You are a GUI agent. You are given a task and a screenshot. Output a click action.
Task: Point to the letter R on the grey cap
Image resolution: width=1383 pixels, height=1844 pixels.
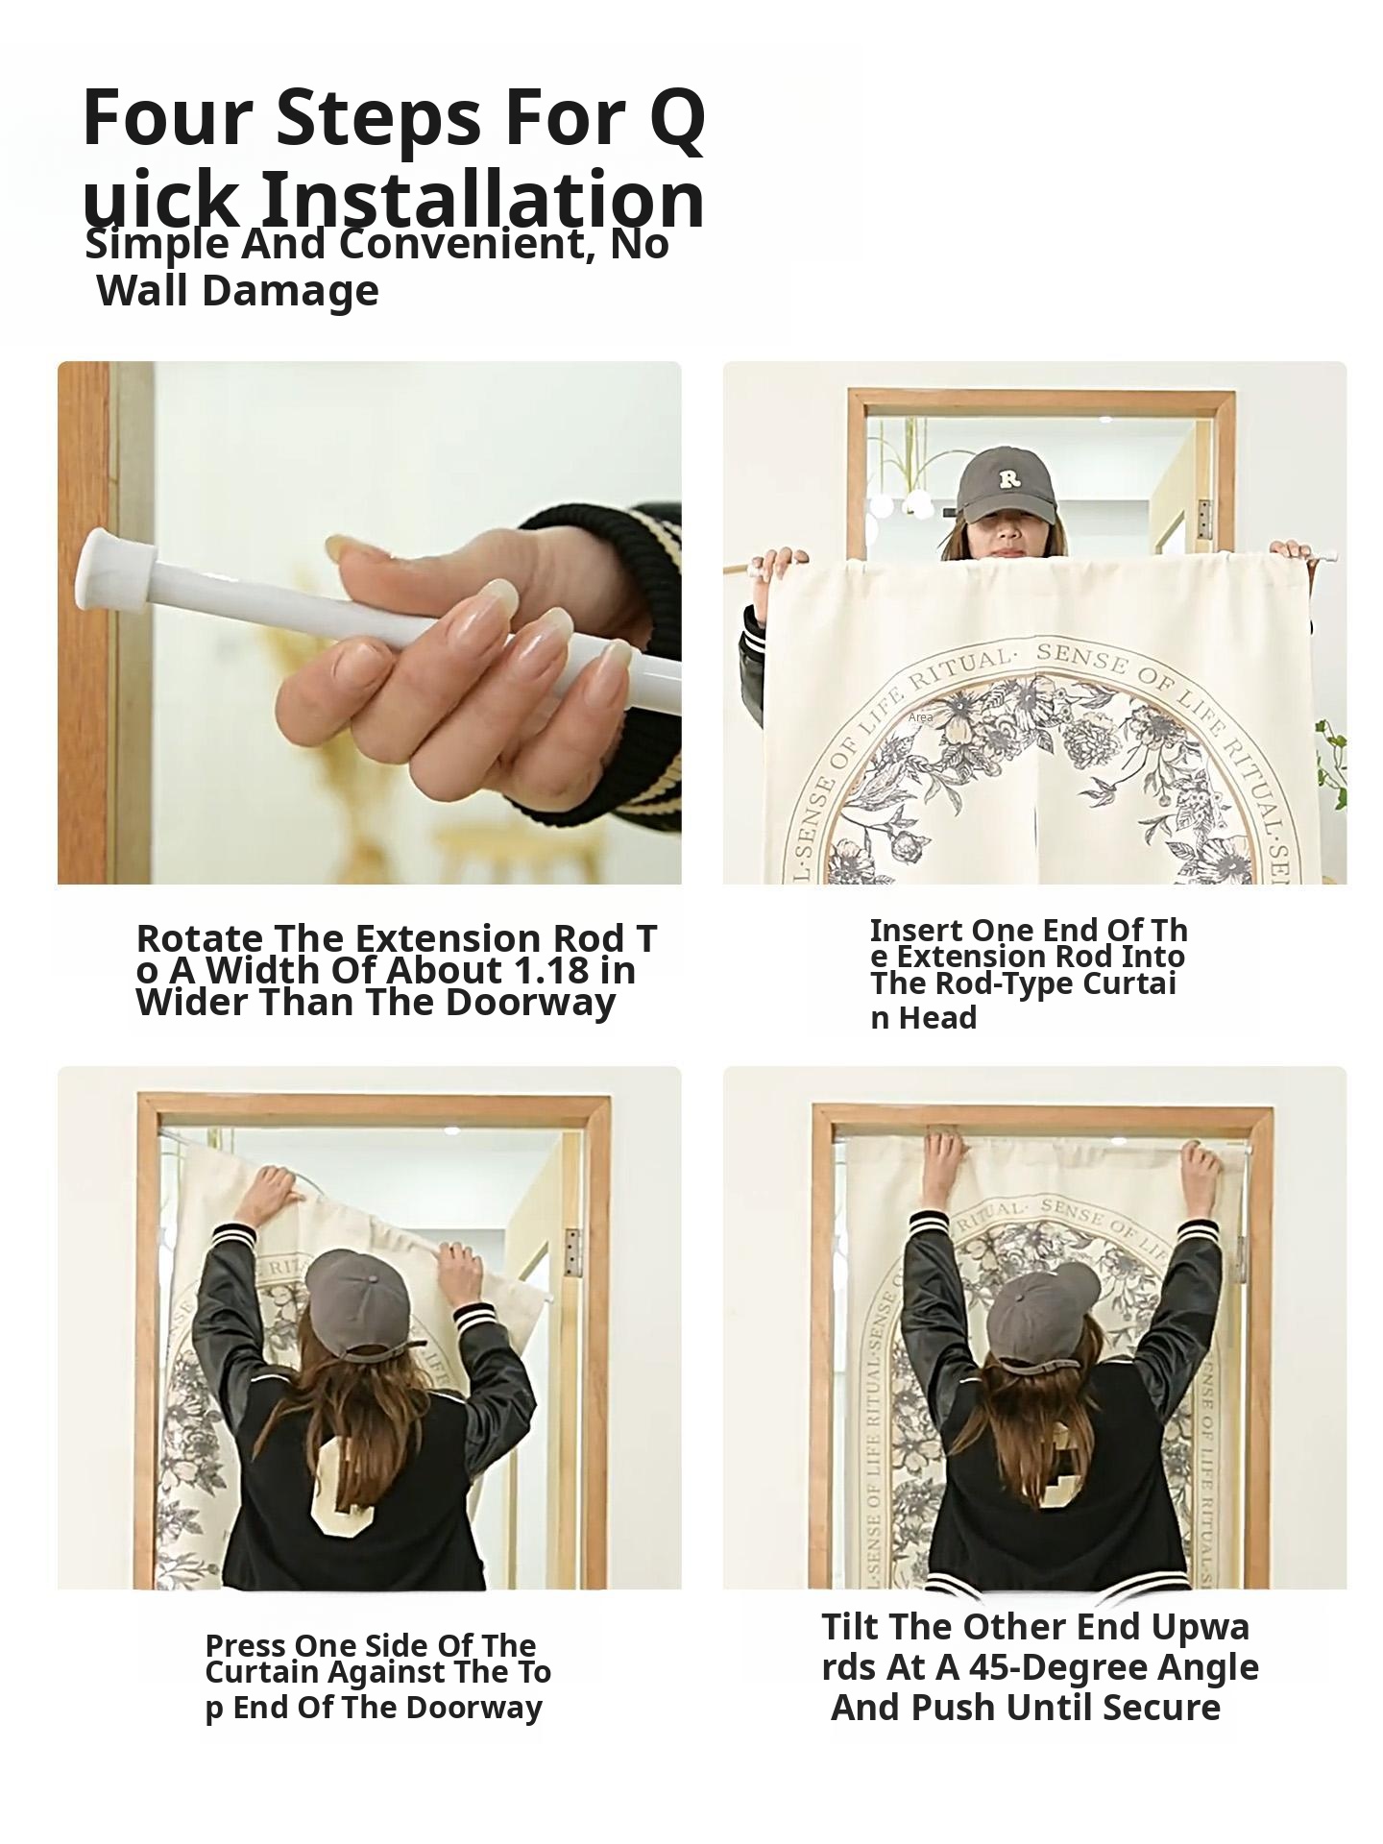pos(1007,478)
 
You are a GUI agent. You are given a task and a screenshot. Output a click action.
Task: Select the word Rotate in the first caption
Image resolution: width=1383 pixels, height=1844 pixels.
pos(200,938)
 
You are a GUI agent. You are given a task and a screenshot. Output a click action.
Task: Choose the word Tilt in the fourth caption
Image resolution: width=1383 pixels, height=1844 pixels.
pos(850,1626)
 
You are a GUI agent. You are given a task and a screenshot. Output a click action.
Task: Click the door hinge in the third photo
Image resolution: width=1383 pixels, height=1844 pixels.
pos(572,1252)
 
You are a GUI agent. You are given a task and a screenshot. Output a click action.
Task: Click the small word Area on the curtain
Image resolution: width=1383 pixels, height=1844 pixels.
pos(920,717)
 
